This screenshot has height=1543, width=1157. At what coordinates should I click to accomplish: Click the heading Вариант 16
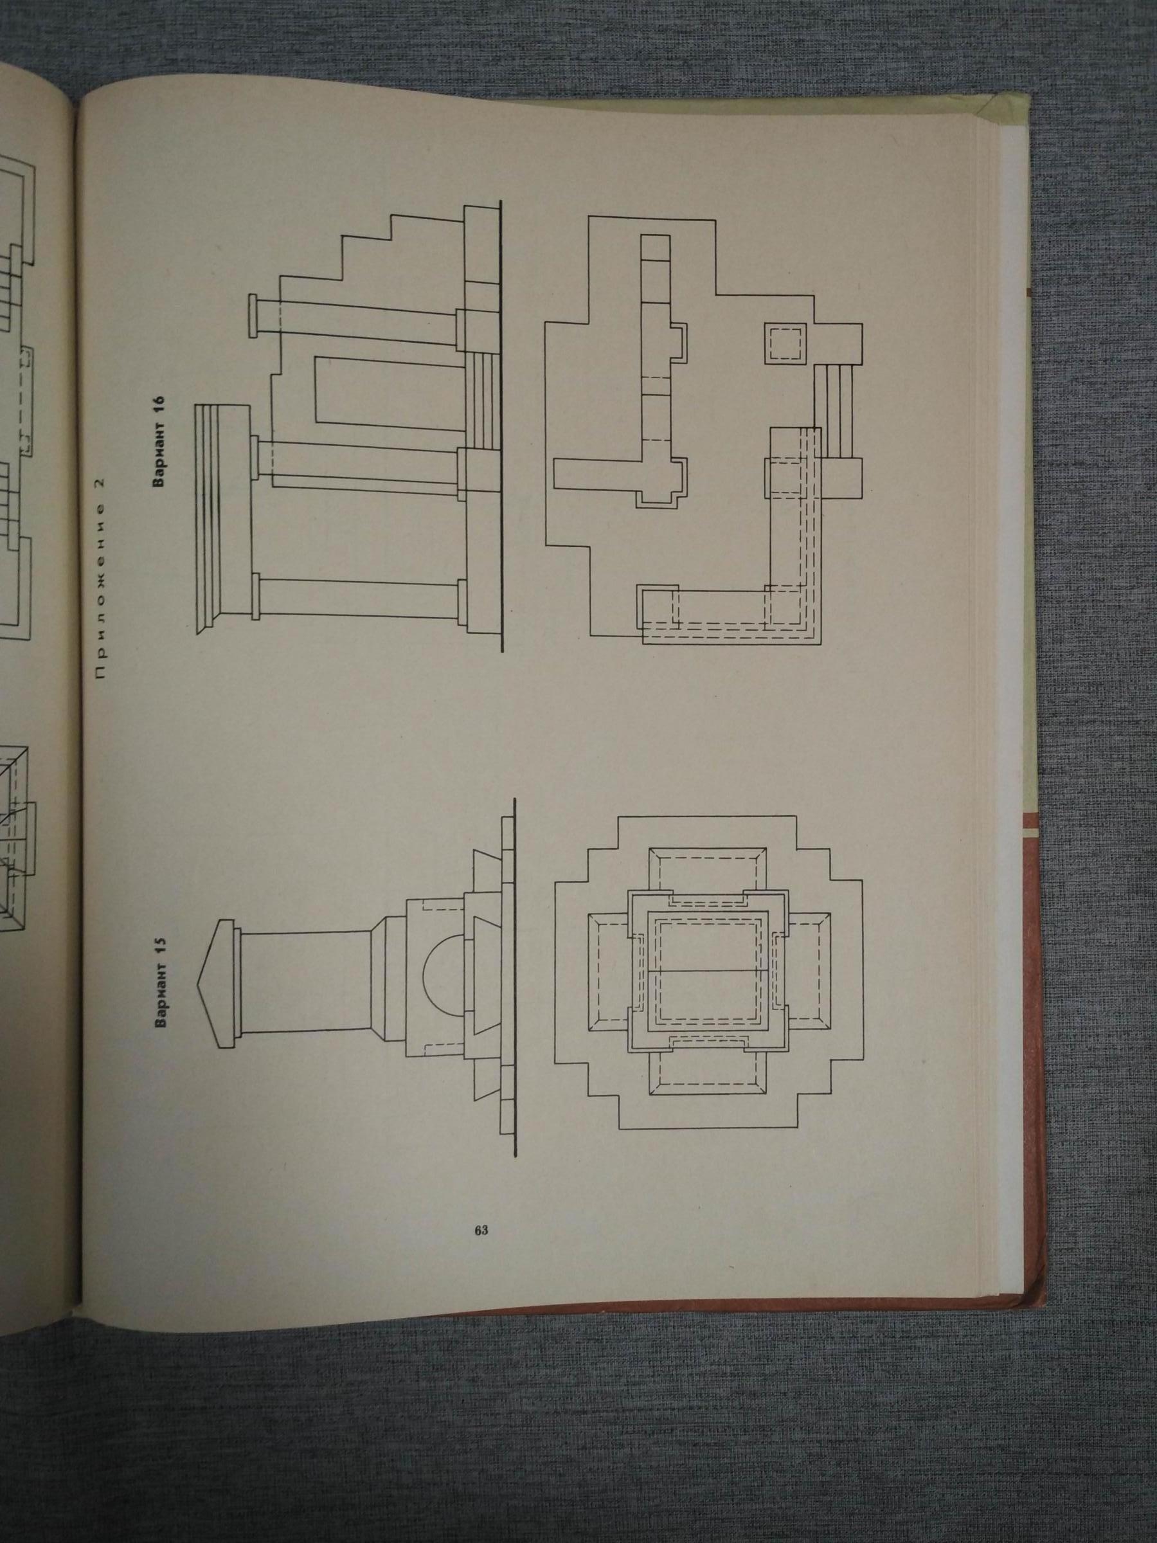[162, 442]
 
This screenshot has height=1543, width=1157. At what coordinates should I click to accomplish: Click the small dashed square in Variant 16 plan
[785, 344]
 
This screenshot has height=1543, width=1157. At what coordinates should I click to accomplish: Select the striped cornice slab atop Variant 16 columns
[222, 520]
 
